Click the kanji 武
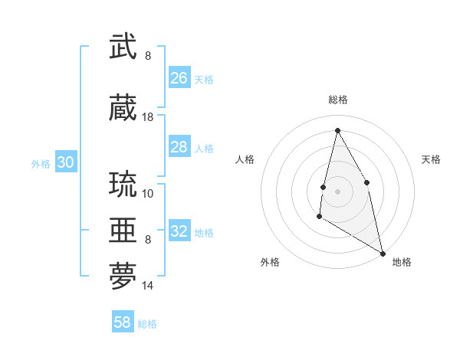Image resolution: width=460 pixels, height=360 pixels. click(123, 47)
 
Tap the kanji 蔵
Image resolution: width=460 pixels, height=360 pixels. click(123, 108)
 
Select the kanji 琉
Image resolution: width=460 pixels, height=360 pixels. click(123, 185)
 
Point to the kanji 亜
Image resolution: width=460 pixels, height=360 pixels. click(123, 230)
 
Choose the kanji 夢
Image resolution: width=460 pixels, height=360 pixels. click(123, 277)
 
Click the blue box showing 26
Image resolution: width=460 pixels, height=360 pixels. click(179, 77)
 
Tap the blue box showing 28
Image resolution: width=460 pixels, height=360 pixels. click(179, 147)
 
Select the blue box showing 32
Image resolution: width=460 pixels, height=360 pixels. click(179, 231)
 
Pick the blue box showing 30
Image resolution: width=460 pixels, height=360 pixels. click(66, 162)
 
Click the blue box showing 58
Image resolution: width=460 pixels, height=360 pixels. click(123, 322)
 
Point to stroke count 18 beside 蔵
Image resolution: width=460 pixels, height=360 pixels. click(148, 117)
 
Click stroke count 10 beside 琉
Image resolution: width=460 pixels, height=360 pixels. click(148, 193)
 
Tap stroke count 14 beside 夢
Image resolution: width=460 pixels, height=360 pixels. click(148, 286)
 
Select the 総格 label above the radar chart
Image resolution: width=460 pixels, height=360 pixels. click(337, 100)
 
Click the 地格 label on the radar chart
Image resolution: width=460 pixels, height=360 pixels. click(402, 262)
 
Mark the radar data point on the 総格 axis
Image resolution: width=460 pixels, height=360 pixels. click(337, 130)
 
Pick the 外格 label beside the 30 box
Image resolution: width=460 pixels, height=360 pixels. click(41, 163)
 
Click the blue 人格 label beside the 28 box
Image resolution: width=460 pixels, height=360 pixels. click(204, 148)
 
